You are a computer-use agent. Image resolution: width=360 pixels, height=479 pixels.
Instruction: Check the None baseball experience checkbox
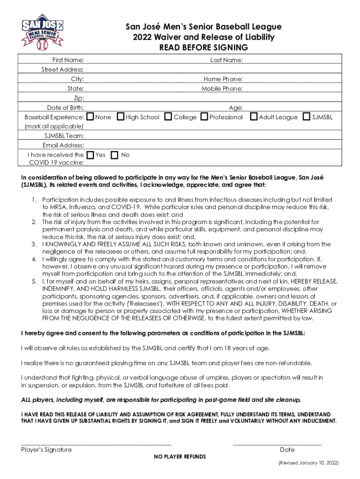tap(91, 116)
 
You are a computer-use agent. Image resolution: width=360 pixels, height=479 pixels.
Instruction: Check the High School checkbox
tap(121, 116)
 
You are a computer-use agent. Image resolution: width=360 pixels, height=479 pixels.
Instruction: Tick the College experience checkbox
tap(169, 116)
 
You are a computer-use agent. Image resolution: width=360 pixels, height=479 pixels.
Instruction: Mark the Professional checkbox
tap(204, 116)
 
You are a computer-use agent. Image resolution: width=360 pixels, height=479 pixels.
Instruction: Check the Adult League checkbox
tap(254, 116)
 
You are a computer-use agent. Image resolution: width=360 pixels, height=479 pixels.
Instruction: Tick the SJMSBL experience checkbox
tap(307, 116)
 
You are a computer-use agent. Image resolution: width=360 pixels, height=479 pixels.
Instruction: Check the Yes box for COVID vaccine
tap(91, 154)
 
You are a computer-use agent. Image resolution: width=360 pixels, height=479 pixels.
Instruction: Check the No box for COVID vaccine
tap(115, 154)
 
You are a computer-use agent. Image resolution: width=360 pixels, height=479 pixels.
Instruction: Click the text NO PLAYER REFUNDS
tap(180, 457)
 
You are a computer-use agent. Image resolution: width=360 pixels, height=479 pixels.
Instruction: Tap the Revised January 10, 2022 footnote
tap(308, 463)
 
